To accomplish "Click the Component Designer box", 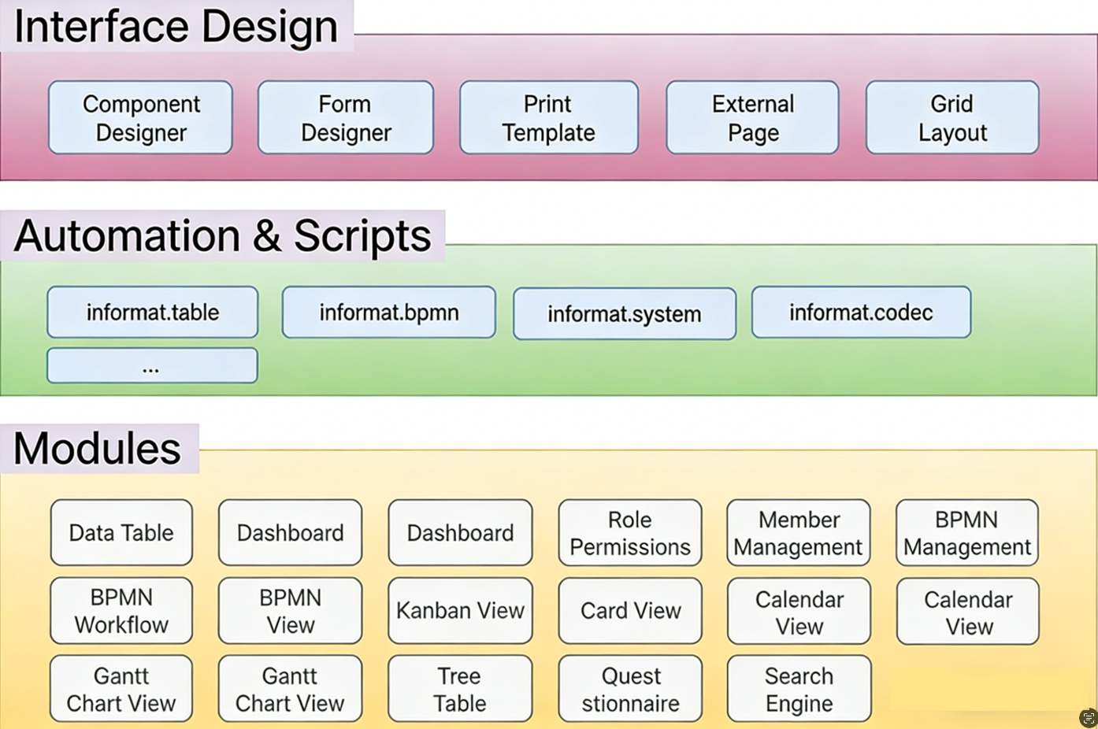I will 140,117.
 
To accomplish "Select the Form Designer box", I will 345,117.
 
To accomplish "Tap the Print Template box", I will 548,117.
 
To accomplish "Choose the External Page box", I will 752,117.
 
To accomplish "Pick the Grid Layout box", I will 951,117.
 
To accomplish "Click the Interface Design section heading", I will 176,26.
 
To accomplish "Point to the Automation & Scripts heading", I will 222,235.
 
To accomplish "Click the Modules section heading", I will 98,448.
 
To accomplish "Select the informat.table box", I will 153,312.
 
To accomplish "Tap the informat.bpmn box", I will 388,312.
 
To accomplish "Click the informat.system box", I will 624,313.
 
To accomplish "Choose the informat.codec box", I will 861,312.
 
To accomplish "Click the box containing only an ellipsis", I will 152,365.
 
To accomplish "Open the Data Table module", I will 121,532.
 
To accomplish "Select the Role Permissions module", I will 629,532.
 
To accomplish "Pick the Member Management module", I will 798,532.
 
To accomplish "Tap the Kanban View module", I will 460,610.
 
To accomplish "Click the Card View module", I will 629,610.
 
